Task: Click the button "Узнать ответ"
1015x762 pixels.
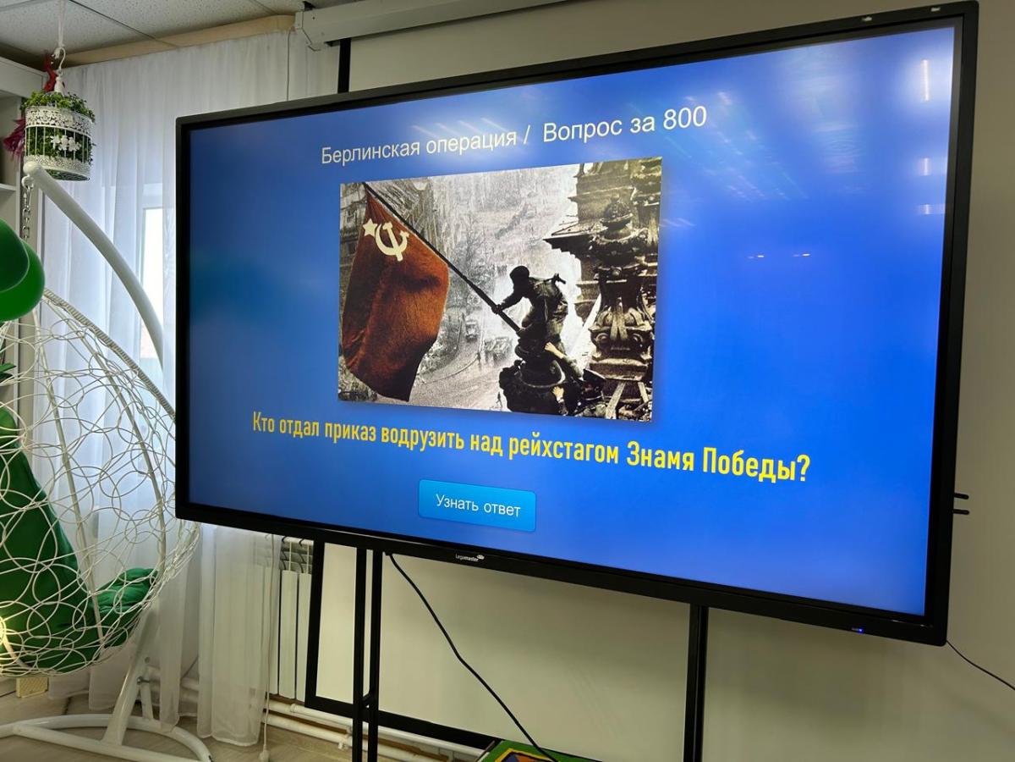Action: [x=477, y=505]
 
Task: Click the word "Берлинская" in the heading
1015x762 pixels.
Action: [x=370, y=151]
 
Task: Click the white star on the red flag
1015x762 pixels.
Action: [x=370, y=228]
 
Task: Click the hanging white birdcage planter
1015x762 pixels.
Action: [x=58, y=135]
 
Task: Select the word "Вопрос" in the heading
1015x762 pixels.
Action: [x=576, y=128]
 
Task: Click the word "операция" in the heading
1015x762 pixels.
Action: [x=471, y=142]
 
